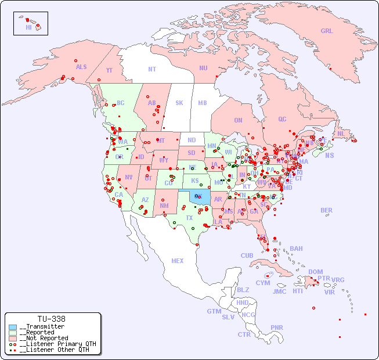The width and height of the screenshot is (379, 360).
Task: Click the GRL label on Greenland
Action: [x=327, y=31]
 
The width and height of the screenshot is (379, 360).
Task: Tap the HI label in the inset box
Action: [x=28, y=27]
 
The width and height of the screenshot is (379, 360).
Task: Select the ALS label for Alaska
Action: [x=81, y=67]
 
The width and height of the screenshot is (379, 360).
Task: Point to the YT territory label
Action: [x=109, y=70]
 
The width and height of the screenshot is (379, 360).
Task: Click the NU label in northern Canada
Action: [x=203, y=68]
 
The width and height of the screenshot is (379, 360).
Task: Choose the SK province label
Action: [x=179, y=103]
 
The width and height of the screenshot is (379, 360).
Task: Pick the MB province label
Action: [x=203, y=103]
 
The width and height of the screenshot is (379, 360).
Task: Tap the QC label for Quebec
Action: [x=282, y=119]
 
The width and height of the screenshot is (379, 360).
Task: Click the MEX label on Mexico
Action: [x=178, y=261]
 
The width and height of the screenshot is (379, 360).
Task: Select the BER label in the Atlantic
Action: [x=327, y=210]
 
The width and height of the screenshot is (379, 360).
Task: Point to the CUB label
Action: [x=247, y=255]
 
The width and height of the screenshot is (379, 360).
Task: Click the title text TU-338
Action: [x=51, y=319]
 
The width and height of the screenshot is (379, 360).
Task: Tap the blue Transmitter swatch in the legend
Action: [x=13, y=327]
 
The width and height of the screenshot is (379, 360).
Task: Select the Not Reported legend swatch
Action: [x=13, y=338]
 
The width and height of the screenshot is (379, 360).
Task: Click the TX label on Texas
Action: [x=189, y=218]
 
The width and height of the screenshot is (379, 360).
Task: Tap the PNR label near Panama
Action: [x=277, y=327]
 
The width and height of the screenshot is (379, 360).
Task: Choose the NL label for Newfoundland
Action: [x=341, y=133]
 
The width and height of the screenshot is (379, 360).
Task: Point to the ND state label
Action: [x=192, y=140]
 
